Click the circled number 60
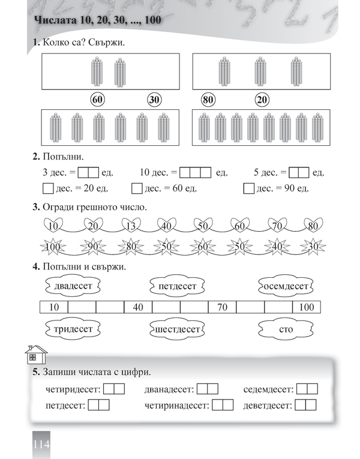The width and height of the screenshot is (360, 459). click(97, 100)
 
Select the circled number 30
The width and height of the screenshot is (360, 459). click(155, 100)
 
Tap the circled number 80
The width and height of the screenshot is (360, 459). click(208, 100)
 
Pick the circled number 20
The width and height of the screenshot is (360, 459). click(262, 100)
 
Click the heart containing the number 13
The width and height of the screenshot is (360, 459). click(130, 226)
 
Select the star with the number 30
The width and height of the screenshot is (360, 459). click(312, 247)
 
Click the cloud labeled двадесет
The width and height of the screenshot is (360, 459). click(73, 286)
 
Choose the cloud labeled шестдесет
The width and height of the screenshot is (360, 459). click(177, 329)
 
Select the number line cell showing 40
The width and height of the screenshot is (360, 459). click(138, 308)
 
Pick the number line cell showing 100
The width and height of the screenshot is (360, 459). click(306, 308)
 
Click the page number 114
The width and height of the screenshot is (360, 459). click(38, 445)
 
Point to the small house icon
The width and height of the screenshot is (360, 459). click(35, 355)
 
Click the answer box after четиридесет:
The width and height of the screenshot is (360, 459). click(114, 389)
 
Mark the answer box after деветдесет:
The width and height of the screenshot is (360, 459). click(305, 405)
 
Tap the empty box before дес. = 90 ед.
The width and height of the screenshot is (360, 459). click(250, 190)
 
